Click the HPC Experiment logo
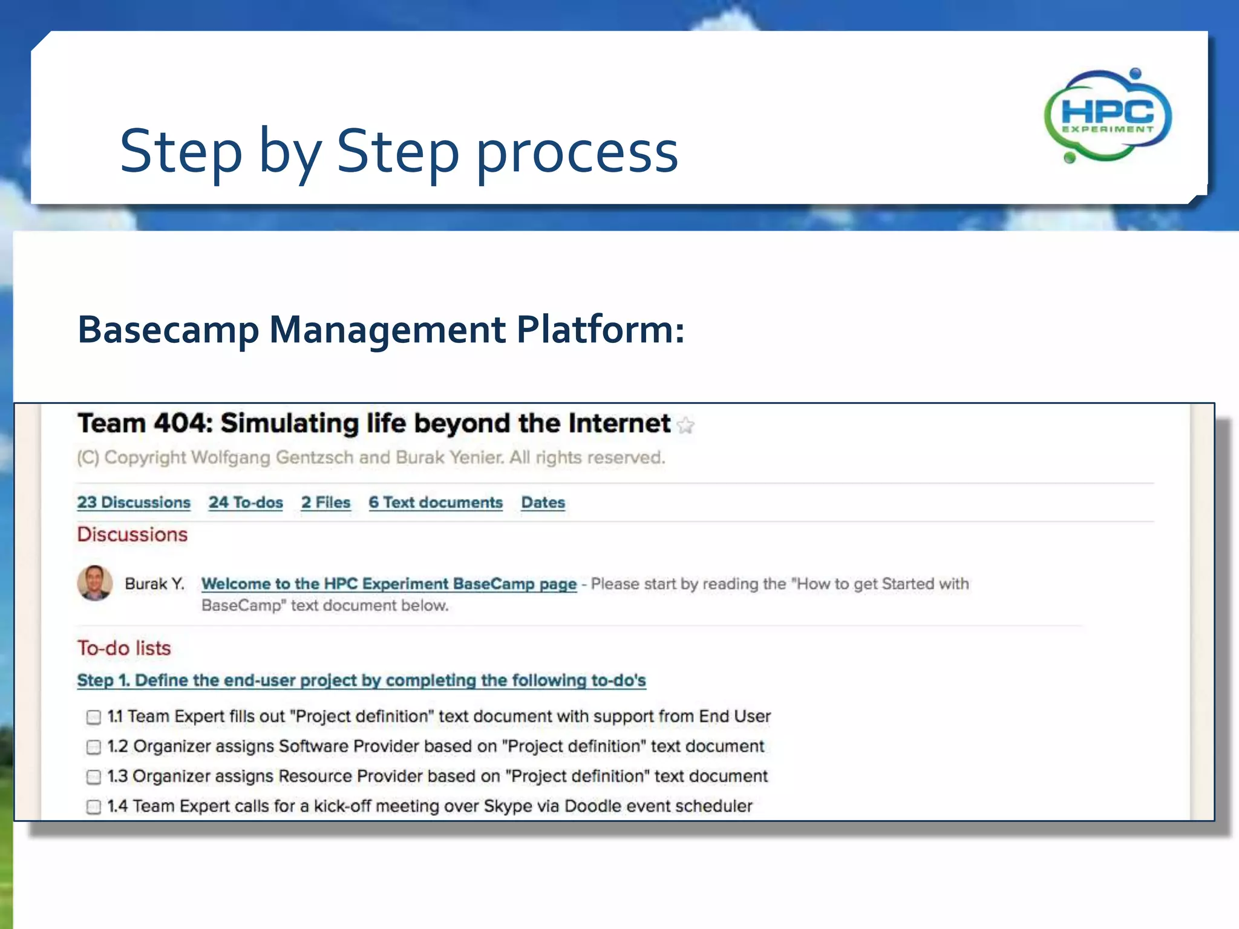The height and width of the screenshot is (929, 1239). pos(1108,115)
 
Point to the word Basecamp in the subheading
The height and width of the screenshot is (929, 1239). pos(169,330)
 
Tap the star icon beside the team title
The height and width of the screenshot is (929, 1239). pos(685,426)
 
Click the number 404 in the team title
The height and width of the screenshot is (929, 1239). pos(180,423)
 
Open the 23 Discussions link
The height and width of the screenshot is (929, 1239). pos(134,502)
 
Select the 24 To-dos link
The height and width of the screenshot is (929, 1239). pos(246,502)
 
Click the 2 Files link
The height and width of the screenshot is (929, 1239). pos(326,502)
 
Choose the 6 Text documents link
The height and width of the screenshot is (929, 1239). pos(436,502)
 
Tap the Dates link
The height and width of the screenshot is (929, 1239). pos(543,502)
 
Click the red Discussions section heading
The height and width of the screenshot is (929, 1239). pos(132,535)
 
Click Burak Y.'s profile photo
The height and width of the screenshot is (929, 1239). pos(95,583)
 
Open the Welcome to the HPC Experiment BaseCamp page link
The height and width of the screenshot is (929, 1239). pos(389,584)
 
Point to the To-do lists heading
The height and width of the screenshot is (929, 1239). pos(124,648)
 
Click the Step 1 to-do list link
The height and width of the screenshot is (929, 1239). pos(361,680)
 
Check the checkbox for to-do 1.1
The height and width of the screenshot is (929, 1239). pos(94,717)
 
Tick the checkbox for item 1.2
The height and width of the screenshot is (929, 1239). pos(94,747)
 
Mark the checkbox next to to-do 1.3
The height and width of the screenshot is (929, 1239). pos(94,777)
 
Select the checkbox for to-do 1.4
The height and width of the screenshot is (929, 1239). pos(94,807)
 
